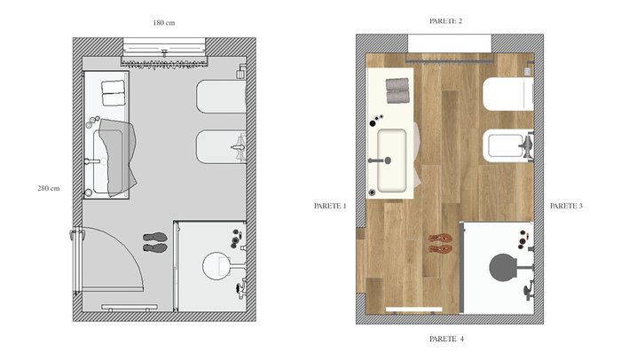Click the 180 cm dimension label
tap(164, 23)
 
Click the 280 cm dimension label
tap(49, 189)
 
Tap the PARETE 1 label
tap(330, 206)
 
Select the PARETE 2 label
tap(446, 21)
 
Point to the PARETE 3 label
tap(566, 206)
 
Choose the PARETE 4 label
tap(446, 339)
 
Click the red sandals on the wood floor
tap(440, 244)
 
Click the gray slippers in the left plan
tap(155, 242)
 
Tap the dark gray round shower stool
tap(503, 268)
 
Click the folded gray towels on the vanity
tap(397, 90)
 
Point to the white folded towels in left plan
tap(114, 93)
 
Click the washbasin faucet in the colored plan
tap(380, 160)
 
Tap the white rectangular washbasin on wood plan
tap(392, 160)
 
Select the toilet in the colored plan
tap(508, 94)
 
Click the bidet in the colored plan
tap(508, 145)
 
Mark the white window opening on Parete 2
tap(450, 43)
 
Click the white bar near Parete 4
tap(414, 309)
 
